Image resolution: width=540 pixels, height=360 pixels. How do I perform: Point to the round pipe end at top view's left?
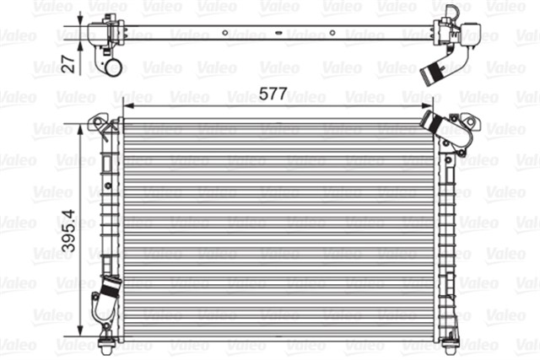coord(106,67)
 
